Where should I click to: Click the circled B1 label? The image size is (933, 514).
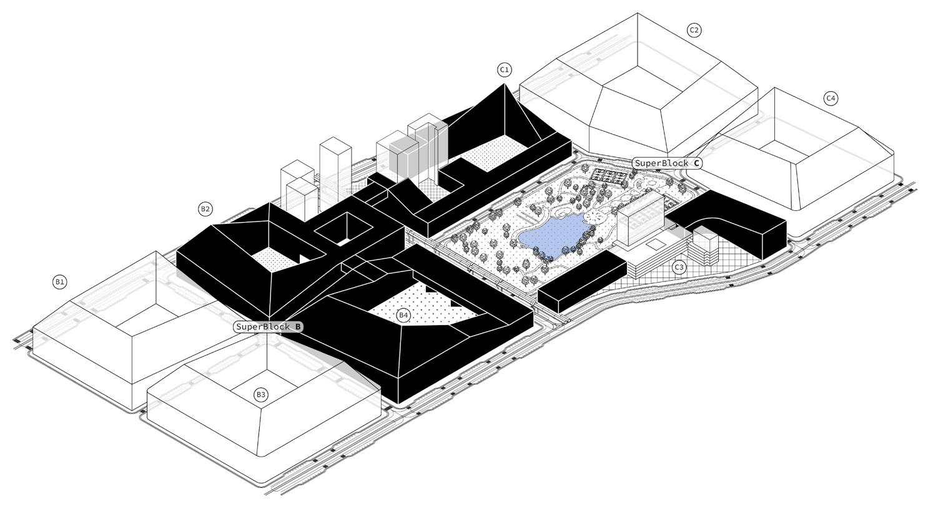[59, 282]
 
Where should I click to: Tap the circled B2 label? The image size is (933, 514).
[205, 209]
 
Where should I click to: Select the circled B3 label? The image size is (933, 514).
[261, 394]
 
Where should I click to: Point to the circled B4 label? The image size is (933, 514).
[404, 315]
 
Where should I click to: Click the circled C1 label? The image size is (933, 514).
[505, 69]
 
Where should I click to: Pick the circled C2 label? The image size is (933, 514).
[694, 30]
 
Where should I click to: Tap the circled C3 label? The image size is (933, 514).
[679, 268]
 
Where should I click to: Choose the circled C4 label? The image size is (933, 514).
[831, 98]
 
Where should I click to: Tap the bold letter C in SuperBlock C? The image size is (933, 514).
[697, 163]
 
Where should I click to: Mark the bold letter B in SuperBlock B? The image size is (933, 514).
[298, 326]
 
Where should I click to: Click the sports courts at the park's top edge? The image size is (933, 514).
[609, 175]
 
